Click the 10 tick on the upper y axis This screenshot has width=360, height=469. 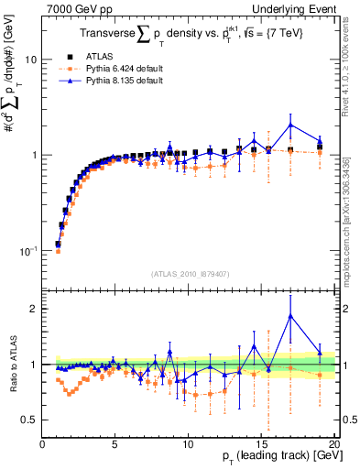coord(30,59)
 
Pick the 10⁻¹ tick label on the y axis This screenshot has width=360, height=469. coord(28,250)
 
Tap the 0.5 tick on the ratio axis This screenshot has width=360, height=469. coord(29,420)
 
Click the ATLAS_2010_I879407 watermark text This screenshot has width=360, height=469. coord(190,274)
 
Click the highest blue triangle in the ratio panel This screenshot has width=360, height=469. coord(290,316)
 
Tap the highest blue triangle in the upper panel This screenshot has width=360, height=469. coord(290,125)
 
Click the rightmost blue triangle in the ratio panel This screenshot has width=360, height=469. coord(320,352)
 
